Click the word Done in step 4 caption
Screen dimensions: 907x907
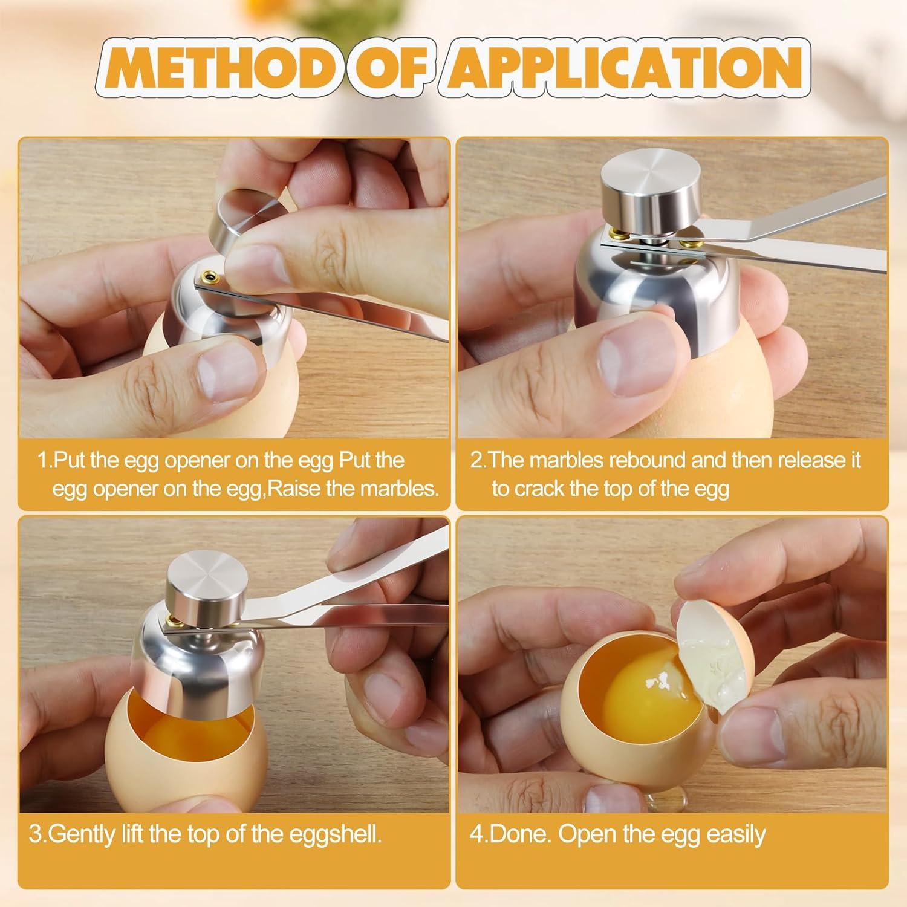coord(518,834)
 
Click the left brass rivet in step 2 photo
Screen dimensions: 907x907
coord(617,233)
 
